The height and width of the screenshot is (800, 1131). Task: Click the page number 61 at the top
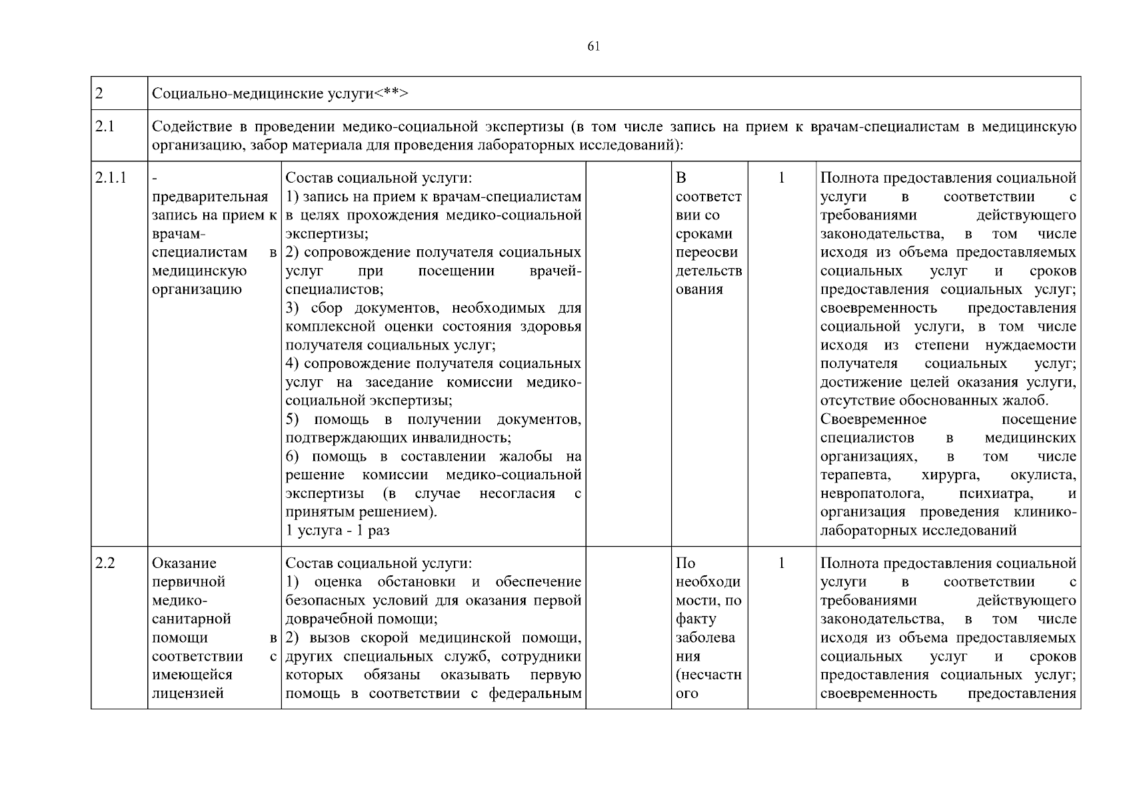pyautogui.click(x=594, y=46)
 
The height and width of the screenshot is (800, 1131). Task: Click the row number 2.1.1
pyautogui.click(x=111, y=178)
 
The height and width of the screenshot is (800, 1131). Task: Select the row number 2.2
pyautogui.click(x=105, y=563)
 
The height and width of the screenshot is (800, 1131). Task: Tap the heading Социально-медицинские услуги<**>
pyautogui.click(x=280, y=93)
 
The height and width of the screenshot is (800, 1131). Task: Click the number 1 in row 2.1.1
pyautogui.click(x=782, y=178)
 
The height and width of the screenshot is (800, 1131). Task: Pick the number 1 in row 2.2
pyautogui.click(x=782, y=563)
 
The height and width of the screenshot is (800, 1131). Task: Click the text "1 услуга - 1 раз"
pyautogui.click(x=337, y=531)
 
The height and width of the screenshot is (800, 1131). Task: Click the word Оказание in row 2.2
pyautogui.click(x=184, y=563)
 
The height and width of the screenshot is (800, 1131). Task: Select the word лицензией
pyautogui.click(x=187, y=693)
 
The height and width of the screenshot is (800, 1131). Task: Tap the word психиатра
pyautogui.click(x=996, y=494)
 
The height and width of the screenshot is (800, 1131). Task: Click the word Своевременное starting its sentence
pyautogui.click(x=873, y=419)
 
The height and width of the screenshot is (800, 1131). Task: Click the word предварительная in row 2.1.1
pyautogui.click(x=210, y=197)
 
